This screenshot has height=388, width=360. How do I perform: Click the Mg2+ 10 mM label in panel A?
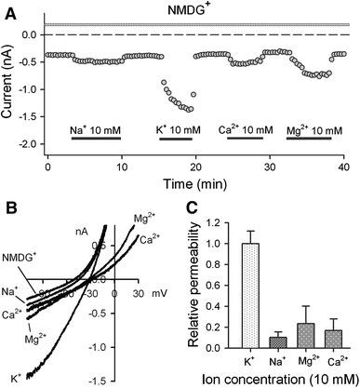coord(313,127)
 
